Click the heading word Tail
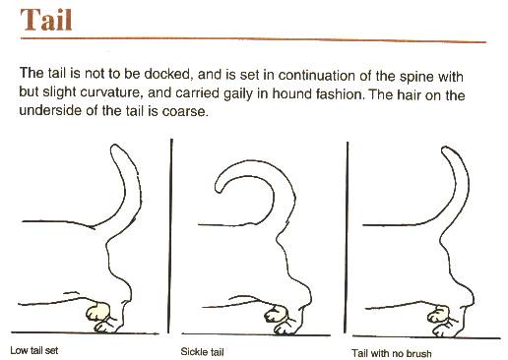tap(46, 20)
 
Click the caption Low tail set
tap(34, 350)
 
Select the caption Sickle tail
tap(202, 352)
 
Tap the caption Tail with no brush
tap(392, 353)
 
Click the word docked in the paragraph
tap(167, 74)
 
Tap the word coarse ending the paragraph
tap(185, 111)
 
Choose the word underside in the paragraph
tap(50, 110)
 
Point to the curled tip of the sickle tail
tap(218, 189)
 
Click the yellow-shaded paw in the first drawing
tap(97, 311)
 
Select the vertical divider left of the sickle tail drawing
tap(170, 236)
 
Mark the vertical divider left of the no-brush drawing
tap(347, 237)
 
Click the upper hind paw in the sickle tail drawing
tap(276, 314)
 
